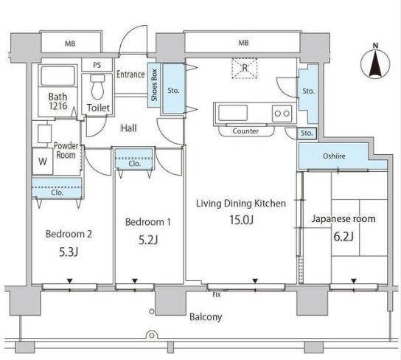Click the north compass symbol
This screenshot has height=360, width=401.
coord(375,63)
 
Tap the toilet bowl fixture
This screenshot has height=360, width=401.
coord(98,87)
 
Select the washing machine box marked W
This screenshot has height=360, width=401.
coord(43,162)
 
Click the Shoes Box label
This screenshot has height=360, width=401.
coord(154,85)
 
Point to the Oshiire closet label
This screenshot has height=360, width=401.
coord(334,156)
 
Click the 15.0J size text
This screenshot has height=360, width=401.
coord(242,220)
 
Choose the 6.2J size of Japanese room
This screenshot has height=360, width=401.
coord(344,236)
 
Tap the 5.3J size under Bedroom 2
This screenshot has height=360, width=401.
coord(69,252)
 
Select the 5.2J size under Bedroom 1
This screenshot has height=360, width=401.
coord(148,240)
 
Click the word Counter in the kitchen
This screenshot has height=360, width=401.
coord(245,131)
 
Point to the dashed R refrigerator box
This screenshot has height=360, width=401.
coord(245,68)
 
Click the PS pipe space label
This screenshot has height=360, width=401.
coord(97,65)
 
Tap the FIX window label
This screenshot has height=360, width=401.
coord(217,295)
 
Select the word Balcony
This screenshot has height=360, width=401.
coord(206,317)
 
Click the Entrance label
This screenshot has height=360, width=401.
coord(130,75)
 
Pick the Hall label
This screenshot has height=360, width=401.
coord(129,128)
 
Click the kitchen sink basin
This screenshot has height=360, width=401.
coord(233,113)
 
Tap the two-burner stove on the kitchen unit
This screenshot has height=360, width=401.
coord(282,113)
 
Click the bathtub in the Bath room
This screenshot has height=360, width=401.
coord(57,76)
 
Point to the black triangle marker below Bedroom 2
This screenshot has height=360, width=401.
coord(69,281)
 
